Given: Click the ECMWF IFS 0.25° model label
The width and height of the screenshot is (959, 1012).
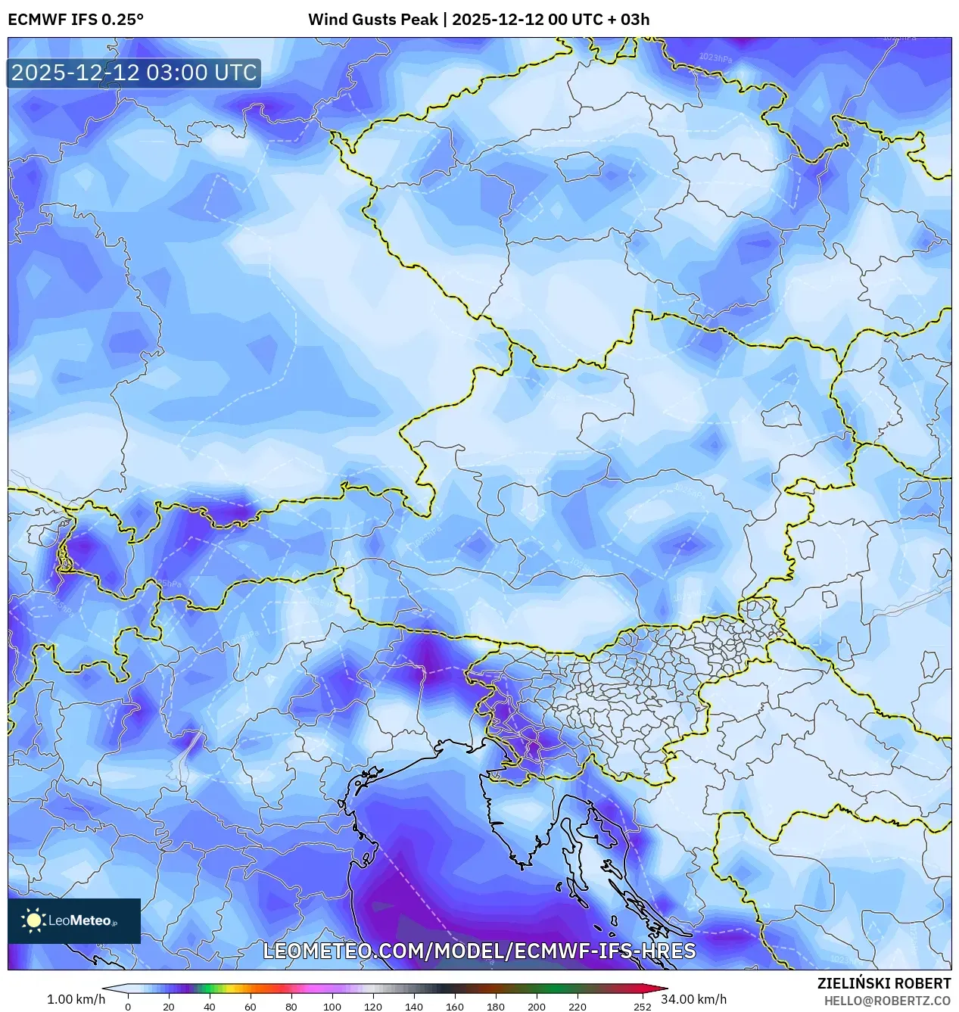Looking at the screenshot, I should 76,20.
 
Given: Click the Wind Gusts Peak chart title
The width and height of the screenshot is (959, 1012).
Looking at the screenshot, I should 478,20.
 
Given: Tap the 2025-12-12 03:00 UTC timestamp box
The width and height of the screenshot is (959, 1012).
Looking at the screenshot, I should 134,73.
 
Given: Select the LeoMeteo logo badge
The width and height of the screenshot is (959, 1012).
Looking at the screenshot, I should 74,920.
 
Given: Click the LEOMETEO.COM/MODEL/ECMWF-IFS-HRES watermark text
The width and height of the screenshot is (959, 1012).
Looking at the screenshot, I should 479,951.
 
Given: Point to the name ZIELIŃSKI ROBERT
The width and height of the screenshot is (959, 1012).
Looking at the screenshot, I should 883,983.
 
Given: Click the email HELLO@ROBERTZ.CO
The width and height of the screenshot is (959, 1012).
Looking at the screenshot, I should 887,1001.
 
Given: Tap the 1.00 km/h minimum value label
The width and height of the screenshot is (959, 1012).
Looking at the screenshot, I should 76,999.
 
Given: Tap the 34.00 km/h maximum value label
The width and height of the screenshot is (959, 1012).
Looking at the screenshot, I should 693,999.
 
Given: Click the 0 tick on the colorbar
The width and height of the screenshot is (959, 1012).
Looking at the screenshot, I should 128,1006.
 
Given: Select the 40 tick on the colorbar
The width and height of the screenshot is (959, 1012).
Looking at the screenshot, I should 210,1006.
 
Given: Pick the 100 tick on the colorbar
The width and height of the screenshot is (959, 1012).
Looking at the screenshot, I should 332,1006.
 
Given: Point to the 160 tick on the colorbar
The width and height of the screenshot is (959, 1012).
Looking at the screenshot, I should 455,1006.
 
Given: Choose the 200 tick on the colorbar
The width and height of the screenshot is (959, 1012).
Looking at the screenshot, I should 537,1006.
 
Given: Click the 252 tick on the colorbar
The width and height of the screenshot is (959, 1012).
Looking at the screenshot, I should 643,1006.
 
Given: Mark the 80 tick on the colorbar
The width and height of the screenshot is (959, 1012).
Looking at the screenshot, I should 291,1006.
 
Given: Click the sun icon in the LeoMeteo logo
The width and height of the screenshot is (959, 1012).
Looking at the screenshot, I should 34,920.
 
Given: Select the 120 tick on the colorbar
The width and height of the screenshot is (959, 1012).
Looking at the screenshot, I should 373,1006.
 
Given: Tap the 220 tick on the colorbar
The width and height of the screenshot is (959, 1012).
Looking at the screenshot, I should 578,1006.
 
